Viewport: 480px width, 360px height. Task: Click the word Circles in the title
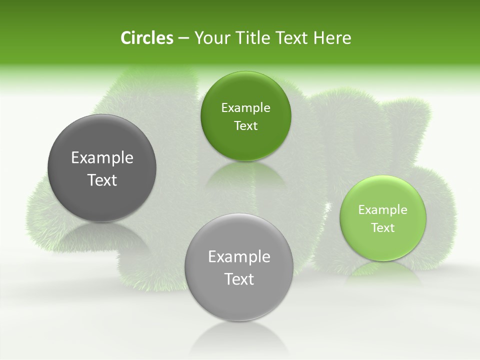click(x=147, y=38)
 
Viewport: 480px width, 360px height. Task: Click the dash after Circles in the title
click(x=183, y=38)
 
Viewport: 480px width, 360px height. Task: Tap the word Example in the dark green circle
click(x=245, y=107)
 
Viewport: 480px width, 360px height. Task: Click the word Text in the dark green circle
click(x=245, y=125)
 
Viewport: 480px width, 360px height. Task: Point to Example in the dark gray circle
click(x=102, y=157)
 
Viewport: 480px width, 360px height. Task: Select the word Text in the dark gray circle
click(x=102, y=180)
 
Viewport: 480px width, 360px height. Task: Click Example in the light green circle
click(x=383, y=209)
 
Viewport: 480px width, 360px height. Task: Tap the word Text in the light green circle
click(x=383, y=227)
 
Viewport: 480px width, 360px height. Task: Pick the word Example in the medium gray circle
click(x=239, y=256)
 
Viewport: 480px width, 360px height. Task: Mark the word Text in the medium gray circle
click(x=239, y=279)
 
